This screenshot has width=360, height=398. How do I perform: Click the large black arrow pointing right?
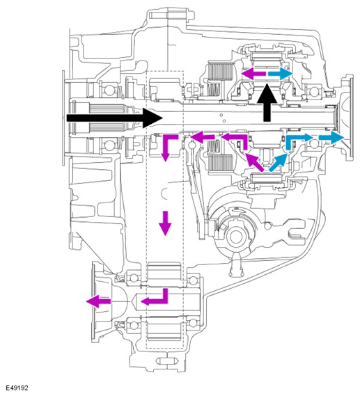coord(114,118)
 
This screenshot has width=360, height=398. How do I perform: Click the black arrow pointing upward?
coord(267,102)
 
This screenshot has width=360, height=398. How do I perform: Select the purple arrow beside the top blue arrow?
coord(253,74)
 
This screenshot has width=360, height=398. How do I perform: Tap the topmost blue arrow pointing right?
coord(280,74)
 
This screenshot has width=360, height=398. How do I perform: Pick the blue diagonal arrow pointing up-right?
coord(279,163)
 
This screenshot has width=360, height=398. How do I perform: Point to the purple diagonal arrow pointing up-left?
coord(253,162)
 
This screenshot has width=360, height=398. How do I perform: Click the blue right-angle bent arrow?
coord(299,141)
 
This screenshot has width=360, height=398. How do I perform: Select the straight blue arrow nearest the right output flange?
coord(331,137)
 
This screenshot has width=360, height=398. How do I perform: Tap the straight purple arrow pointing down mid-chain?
coord(166,223)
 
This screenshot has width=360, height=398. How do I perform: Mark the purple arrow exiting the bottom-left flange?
coord(98,301)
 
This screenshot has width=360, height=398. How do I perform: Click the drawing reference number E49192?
coord(17,388)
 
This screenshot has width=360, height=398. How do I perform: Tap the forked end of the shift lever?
coord(297,231)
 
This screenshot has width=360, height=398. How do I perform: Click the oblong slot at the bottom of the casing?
coord(166,360)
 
